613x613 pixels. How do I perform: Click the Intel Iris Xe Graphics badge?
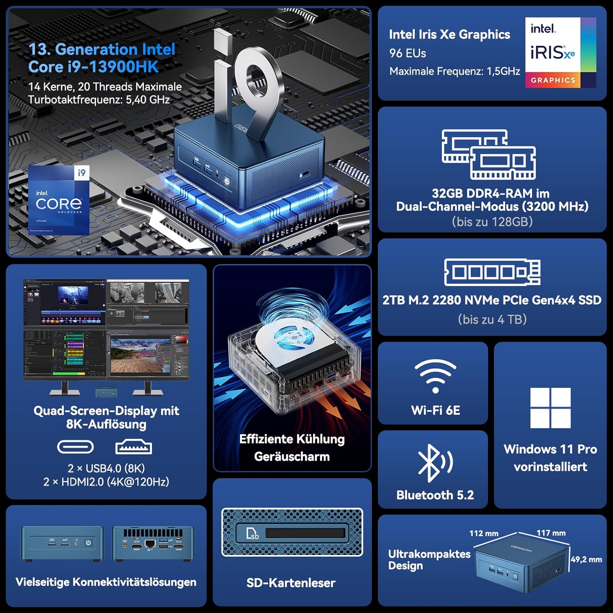pyautogui.click(x=560, y=52)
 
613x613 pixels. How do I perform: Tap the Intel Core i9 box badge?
pyautogui.click(x=59, y=200)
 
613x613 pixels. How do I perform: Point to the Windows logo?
pyautogui.click(x=550, y=407)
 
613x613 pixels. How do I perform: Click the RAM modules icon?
pyautogui.click(x=488, y=154)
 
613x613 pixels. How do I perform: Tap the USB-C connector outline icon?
pyautogui.click(x=75, y=447)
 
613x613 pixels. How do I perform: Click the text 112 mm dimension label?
pyautogui.click(x=483, y=533)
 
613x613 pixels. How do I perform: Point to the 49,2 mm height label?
pyautogui.click(x=586, y=559)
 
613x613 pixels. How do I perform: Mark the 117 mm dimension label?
pyautogui.click(x=551, y=533)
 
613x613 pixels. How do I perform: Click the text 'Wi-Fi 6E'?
pyautogui.click(x=435, y=410)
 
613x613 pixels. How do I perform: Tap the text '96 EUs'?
pyautogui.click(x=407, y=53)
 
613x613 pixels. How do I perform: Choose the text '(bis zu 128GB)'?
pyautogui.click(x=492, y=221)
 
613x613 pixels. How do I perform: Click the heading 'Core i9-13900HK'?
pyautogui.click(x=93, y=67)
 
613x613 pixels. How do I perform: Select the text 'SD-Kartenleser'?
pyautogui.click(x=291, y=583)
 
